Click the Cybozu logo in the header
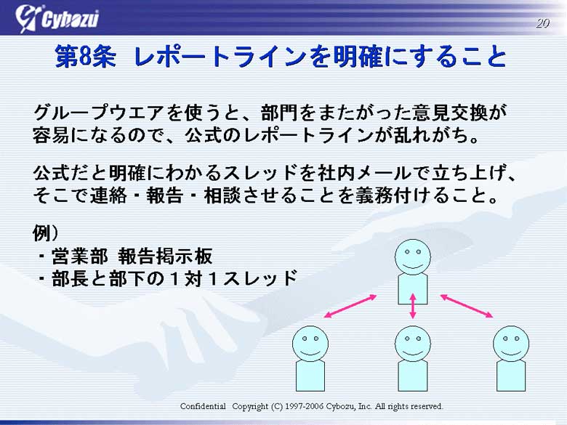click(x=57, y=18)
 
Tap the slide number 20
click(x=542, y=23)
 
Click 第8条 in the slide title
click(x=85, y=57)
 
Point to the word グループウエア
click(x=99, y=113)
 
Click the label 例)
click(x=46, y=233)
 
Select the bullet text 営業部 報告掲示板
click(x=132, y=256)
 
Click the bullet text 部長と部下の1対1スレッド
click(x=174, y=279)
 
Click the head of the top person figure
click(x=413, y=257)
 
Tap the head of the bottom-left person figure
click(x=310, y=344)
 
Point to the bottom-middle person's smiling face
click(x=413, y=344)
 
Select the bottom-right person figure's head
click(x=511, y=344)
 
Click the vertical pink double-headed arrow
click(x=413, y=306)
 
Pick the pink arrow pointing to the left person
click(x=350, y=307)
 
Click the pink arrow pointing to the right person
click(x=467, y=307)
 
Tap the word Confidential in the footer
click(x=203, y=406)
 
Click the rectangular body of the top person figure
click(x=413, y=289)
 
